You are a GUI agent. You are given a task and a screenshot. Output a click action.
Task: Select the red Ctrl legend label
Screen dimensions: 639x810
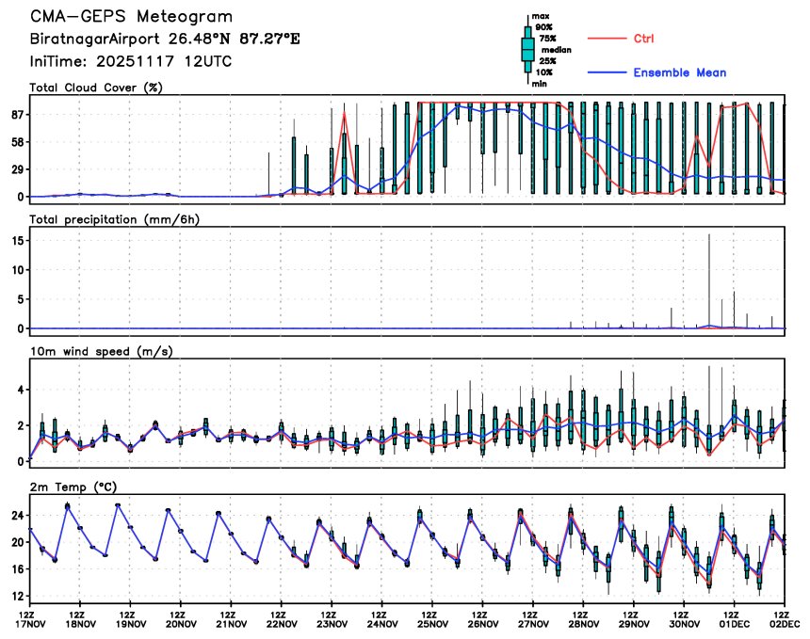point(644,39)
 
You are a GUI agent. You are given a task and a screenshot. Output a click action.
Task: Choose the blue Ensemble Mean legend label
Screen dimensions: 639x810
point(679,72)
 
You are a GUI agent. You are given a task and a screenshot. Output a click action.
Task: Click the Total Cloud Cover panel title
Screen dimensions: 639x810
point(95,88)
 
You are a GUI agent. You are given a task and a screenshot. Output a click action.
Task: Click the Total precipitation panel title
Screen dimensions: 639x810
point(115,219)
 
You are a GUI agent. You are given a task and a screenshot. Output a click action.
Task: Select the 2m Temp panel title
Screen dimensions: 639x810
point(76,486)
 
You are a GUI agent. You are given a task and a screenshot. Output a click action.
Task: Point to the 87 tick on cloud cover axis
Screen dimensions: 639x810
point(15,115)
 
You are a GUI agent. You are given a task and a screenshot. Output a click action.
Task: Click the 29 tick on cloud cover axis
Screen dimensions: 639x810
point(15,169)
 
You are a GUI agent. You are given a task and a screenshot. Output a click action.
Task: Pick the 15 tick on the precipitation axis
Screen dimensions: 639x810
point(16,241)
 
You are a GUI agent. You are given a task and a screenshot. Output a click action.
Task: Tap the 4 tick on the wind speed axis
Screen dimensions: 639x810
point(19,390)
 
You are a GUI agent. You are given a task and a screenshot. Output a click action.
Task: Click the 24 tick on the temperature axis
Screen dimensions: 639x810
point(16,516)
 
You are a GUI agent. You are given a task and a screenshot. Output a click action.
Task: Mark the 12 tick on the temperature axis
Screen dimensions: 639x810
point(16,596)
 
